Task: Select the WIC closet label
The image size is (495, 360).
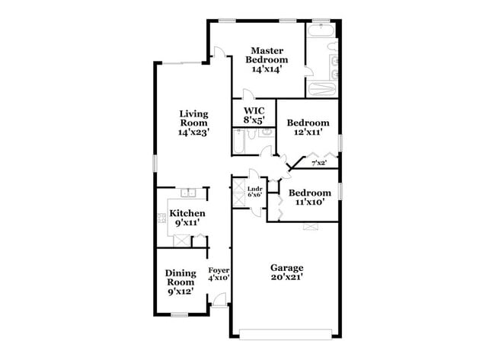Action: (x=254, y=110)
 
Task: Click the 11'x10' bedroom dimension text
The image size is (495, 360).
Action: (x=310, y=203)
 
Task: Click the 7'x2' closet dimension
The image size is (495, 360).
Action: (x=318, y=162)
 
